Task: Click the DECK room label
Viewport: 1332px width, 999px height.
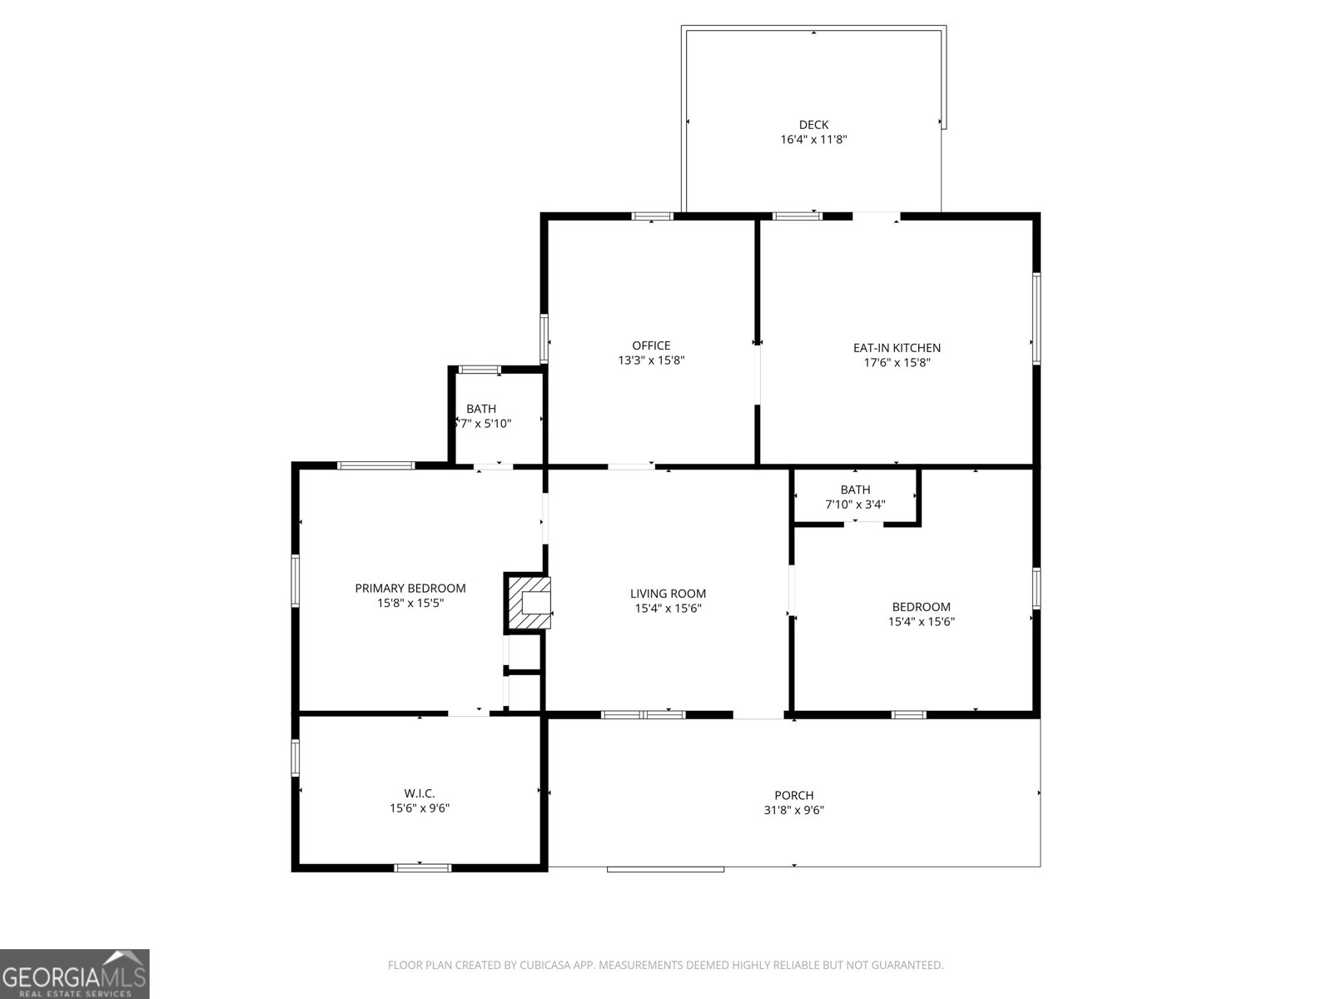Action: tap(813, 125)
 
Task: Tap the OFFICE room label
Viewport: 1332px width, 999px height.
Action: tap(651, 345)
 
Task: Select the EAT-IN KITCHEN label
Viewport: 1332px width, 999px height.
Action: tap(897, 348)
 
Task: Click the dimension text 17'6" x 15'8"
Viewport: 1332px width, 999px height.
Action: tap(897, 363)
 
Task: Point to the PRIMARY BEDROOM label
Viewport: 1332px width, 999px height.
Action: tap(410, 589)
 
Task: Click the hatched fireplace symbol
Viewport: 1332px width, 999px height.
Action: tap(528, 602)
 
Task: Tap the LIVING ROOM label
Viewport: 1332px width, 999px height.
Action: tap(668, 594)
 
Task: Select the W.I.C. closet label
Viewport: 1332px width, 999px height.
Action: tap(420, 793)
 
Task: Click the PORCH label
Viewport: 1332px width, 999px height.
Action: tap(793, 795)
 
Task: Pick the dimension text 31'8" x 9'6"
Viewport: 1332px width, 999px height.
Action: tap(793, 810)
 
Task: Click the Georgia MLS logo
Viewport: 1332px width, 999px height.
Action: tap(74, 973)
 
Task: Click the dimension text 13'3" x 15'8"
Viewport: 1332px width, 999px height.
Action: tap(651, 360)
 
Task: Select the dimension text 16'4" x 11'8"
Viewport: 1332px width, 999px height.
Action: tap(813, 140)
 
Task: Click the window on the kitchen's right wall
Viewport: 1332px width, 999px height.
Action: tap(1036, 318)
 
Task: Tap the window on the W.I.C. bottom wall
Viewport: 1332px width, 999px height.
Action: tap(423, 868)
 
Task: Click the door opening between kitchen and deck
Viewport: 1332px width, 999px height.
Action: tap(877, 216)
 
